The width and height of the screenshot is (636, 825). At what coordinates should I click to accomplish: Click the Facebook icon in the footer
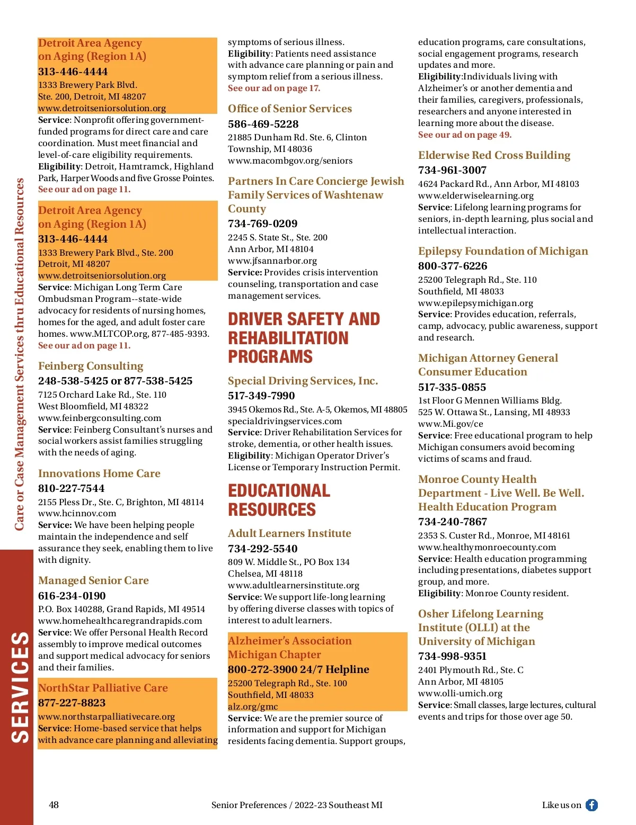(591, 805)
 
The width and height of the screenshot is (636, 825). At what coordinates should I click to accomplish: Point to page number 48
(54, 805)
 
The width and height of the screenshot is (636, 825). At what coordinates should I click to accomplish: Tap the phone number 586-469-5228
(263, 124)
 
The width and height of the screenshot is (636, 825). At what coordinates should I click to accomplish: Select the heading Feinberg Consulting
(91, 366)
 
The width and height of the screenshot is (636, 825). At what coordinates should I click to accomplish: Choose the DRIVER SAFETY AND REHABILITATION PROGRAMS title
(304, 338)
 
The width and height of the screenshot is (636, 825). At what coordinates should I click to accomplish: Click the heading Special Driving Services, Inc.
(303, 381)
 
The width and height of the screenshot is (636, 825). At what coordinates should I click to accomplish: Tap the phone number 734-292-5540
(263, 549)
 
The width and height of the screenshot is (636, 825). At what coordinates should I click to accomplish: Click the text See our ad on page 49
(465, 134)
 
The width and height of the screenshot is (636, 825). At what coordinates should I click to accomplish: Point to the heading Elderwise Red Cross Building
(494, 155)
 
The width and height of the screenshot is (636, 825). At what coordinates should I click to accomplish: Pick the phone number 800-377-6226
(453, 266)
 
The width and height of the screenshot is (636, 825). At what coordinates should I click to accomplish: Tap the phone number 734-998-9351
(452, 656)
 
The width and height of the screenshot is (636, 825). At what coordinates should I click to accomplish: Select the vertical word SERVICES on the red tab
(20, 687)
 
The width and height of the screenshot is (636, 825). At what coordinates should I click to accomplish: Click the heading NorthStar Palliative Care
(103, 688)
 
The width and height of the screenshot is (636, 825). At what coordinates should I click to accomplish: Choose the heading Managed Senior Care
(93, 580)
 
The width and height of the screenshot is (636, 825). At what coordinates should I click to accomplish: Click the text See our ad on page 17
(274, 88)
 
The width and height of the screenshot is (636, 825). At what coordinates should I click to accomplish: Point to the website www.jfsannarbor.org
(272, 261)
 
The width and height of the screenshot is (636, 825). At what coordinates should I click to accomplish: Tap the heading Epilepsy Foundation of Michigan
(503, 251)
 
